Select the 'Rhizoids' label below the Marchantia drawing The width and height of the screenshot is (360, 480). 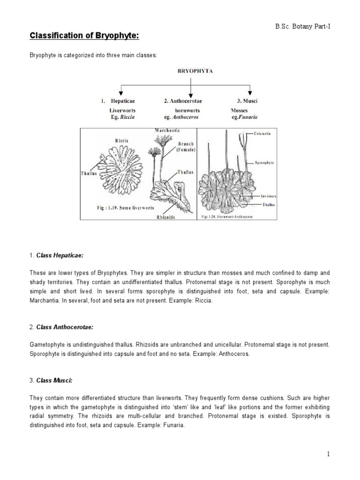pyautogui.click(x=167, y=217)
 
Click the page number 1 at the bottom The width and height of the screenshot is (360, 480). pyautogui.click(x=329, y=454)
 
